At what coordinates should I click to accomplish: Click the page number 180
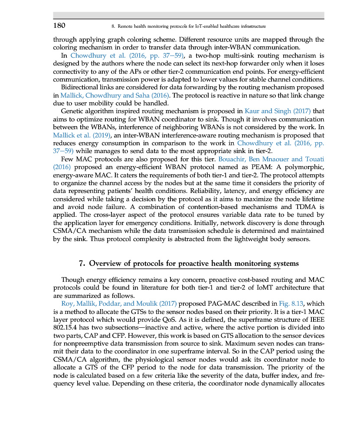coord(59,26)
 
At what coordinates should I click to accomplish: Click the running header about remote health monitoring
coord(188,26)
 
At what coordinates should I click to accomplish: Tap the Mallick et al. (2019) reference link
coord(82,135)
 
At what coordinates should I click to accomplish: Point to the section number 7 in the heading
coord(82,264)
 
